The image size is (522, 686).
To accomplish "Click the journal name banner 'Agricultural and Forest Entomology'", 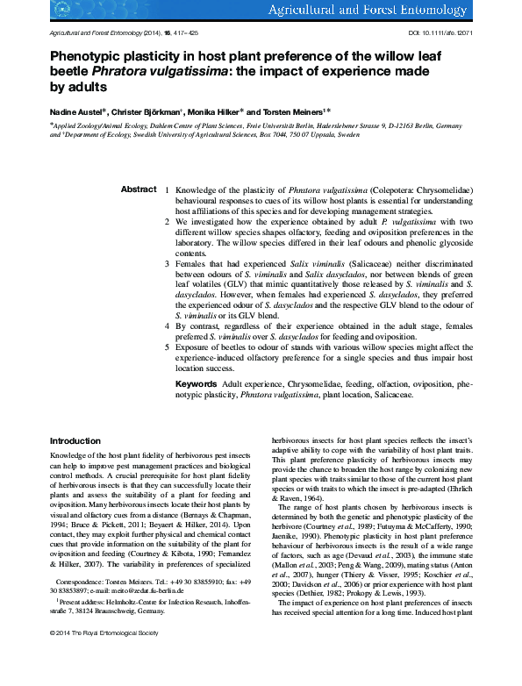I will click(x=403, y=11).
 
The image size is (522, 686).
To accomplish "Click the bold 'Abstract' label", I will click(x=138, y=189).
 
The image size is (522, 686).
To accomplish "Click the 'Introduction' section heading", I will click(x=75, y=440).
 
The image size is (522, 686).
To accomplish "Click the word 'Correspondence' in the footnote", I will click(x=81, y=606).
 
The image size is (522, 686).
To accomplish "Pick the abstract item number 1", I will click(x=168, y=189).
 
